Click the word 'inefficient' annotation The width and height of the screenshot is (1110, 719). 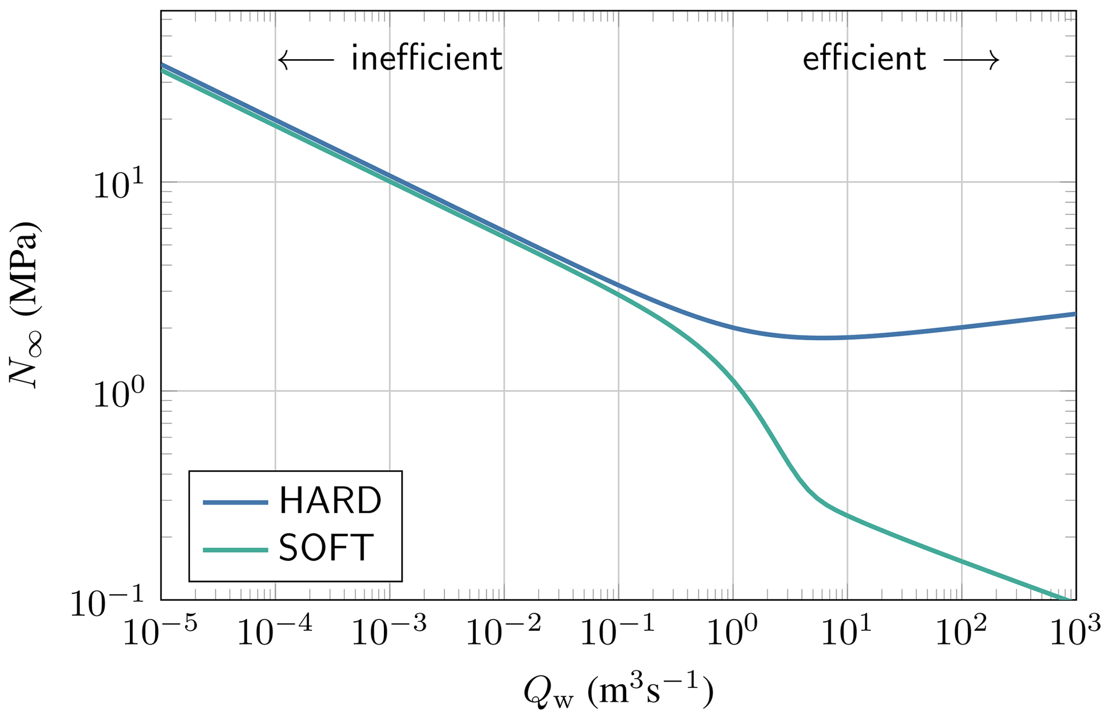[426, 59]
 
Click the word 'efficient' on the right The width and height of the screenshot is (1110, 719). [864, 59]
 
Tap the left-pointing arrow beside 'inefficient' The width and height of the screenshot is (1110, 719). [306, 60]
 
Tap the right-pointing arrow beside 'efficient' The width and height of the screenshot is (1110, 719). [971, 60]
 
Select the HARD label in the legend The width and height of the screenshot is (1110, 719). [330, 501]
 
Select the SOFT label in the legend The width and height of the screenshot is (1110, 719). [326, 549]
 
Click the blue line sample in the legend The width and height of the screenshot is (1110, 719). [235, 502]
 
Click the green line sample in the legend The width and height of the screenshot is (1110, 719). [235, 550]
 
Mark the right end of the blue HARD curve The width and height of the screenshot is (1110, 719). [1075, 314]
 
